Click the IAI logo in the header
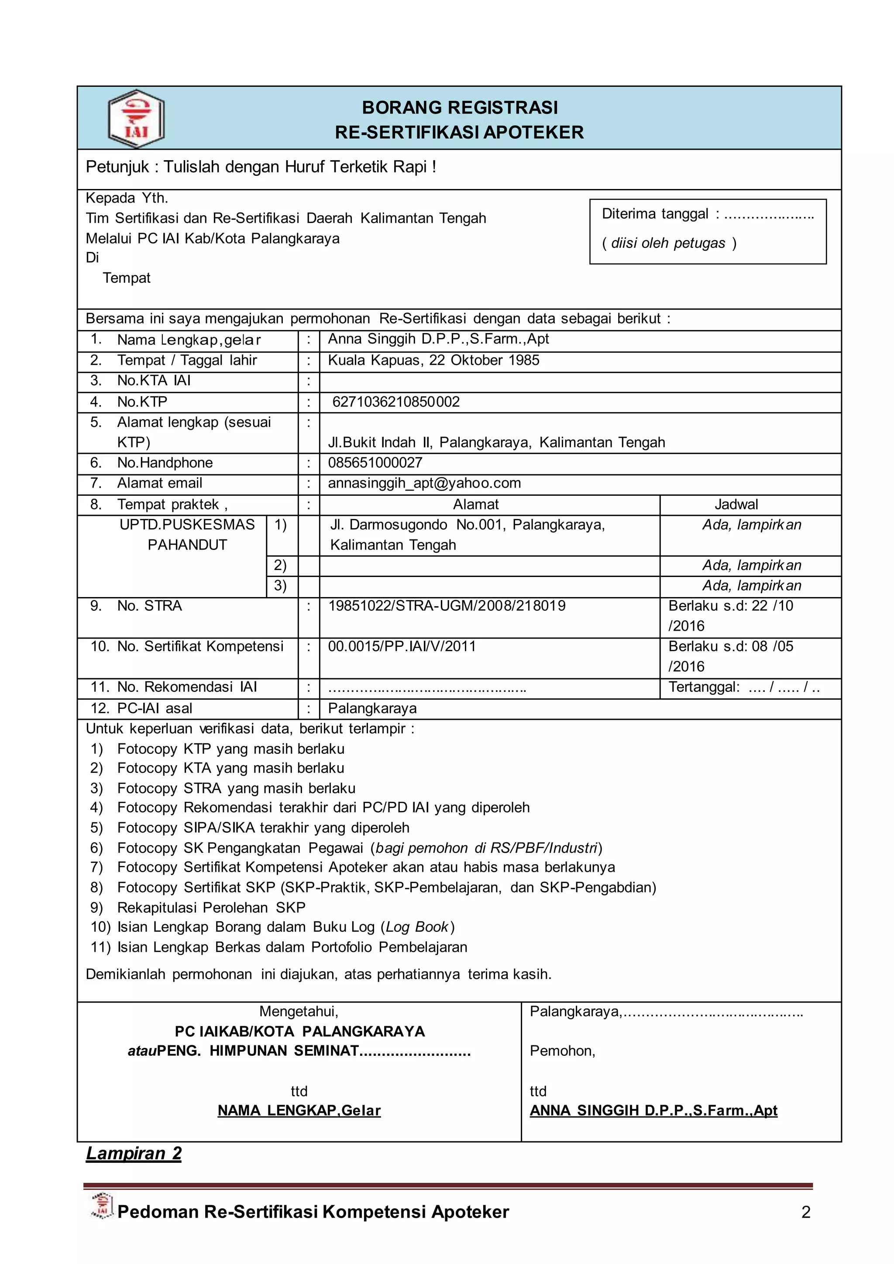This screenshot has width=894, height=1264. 136,119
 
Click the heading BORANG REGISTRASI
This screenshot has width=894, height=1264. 460,107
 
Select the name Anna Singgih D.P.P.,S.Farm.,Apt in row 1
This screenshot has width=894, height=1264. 438,339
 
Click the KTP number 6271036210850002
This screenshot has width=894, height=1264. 396,402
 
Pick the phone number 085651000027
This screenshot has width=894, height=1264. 375,463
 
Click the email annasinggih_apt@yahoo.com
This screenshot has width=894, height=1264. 424,483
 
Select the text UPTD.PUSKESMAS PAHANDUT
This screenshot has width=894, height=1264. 187,535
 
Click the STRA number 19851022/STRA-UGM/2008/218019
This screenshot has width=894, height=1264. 447,606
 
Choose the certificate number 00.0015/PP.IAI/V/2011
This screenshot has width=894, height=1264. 402,646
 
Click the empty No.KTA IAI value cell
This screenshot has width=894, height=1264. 578,381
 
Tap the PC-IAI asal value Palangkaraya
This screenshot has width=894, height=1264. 372,708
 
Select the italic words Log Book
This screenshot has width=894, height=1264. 417,927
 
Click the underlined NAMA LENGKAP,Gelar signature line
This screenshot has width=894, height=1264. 299,1111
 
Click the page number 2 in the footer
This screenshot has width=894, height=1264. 805,1212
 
